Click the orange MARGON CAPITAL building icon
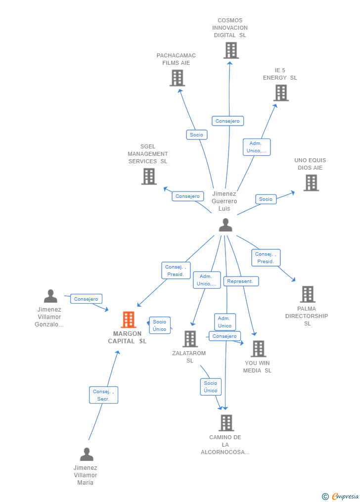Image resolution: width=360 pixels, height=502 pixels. point(129,320)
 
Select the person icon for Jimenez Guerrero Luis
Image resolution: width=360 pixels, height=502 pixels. point(225,225)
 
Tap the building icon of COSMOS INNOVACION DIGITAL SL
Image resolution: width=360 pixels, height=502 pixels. point(231,50)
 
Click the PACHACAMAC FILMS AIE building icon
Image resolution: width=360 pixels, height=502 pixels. point(177,78)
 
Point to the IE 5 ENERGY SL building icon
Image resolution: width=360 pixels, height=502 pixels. point(281,93)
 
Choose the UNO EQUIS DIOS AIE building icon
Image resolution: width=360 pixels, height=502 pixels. point(311,183)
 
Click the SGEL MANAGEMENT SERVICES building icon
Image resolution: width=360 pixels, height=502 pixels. point(149,177)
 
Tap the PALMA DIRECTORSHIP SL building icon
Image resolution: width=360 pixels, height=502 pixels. point(308,294)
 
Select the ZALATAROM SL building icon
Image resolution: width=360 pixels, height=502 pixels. point(190,339)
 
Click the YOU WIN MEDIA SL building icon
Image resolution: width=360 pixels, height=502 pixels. point(258,349)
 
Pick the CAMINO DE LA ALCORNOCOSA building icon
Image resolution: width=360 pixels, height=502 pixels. point(226,423)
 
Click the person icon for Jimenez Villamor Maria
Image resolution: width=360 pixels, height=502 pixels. point(87,454)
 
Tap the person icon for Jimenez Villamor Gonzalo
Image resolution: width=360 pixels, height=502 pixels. point(50,296)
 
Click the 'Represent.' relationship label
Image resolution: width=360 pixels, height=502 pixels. point(241,281)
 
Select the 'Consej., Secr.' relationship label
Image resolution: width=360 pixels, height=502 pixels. point(103,395)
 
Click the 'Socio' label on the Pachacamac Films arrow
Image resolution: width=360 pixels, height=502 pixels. point(196,135)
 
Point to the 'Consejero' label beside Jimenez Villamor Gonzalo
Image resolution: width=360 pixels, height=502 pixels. point(87,299)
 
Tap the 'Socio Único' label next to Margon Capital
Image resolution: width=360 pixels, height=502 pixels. point(160,325)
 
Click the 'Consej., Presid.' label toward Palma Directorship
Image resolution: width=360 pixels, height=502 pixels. point(266,258)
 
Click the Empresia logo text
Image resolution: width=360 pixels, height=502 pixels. point(345,496)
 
